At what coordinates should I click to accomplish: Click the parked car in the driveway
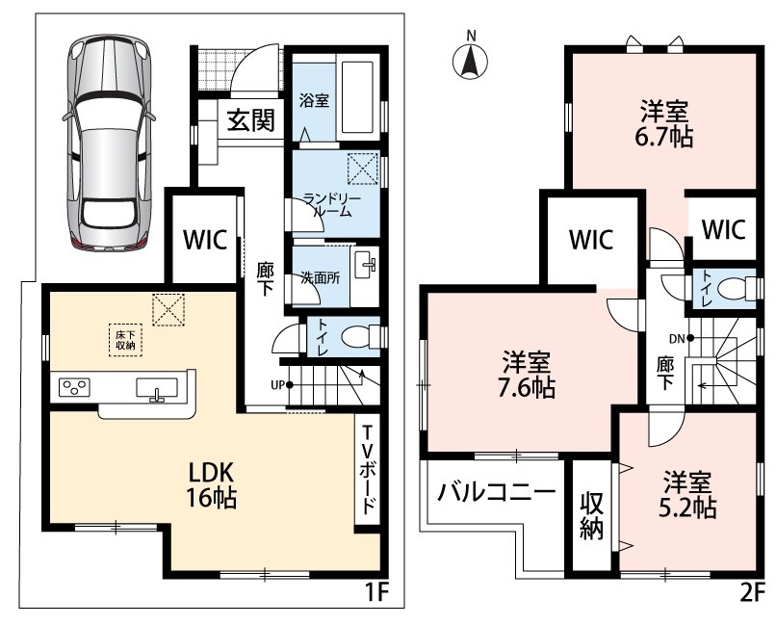[108, 141]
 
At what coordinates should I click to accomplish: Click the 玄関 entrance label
[251, 120]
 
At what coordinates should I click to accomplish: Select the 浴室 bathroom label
[314, 100]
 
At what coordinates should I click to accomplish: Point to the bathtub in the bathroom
[357, 97]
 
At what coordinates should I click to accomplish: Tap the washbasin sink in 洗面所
[365, 264]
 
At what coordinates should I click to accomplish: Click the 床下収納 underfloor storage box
[126, 340]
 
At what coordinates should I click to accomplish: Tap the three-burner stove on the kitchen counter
[75, 387]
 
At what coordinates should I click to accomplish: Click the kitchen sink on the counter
[157, 388]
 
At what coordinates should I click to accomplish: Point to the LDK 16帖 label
[210, 486]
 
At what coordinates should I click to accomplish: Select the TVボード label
[368, 470]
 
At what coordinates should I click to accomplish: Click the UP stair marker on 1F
[280, 384]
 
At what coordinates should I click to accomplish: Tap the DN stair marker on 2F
[681, 339]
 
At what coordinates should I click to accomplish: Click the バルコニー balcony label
[496, 492]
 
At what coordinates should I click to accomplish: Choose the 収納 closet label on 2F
[592, 516]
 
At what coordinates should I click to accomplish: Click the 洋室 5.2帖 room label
[687, 494]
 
